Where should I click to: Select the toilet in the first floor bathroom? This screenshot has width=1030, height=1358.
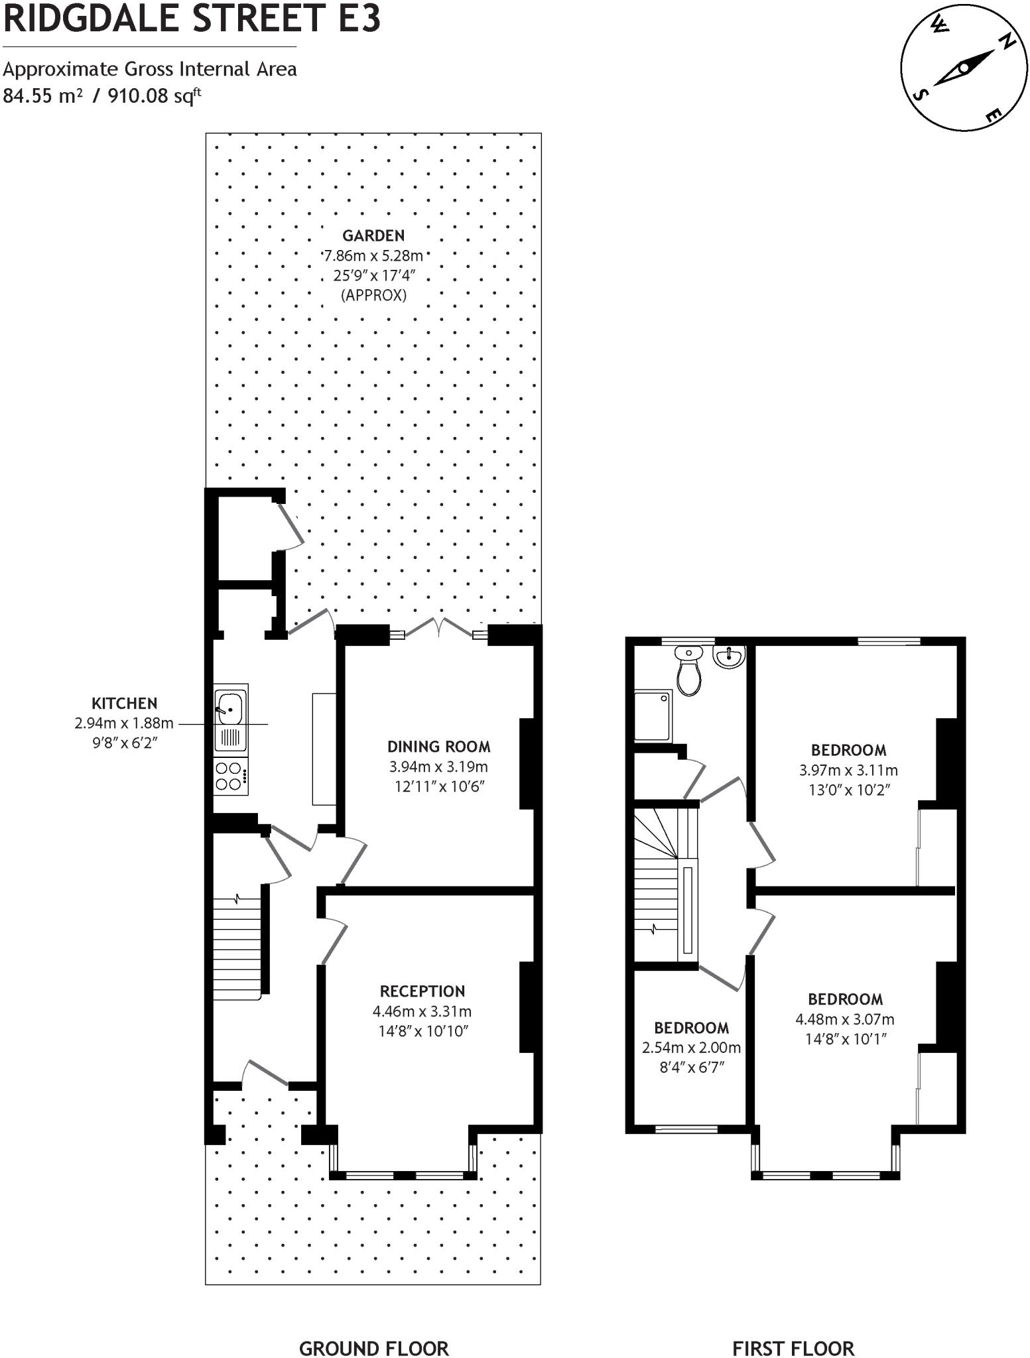(689, 672)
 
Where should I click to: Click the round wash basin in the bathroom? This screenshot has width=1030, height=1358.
(729, 657)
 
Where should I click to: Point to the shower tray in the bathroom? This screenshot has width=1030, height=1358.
(653, 715)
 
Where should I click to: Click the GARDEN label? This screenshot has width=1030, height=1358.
(373, 235)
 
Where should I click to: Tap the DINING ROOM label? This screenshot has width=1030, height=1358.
(439, 747)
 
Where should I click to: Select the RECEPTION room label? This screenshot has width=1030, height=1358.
(422, 991)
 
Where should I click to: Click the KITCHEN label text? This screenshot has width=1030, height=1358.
(124, 704)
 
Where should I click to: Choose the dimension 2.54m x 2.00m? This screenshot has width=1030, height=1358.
(691, 1048)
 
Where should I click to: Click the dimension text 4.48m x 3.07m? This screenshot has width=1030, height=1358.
(844, 1019)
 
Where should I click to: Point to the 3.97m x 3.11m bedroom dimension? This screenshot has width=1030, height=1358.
(848, 771)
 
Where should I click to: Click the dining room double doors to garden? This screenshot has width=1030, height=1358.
(438, 628)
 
